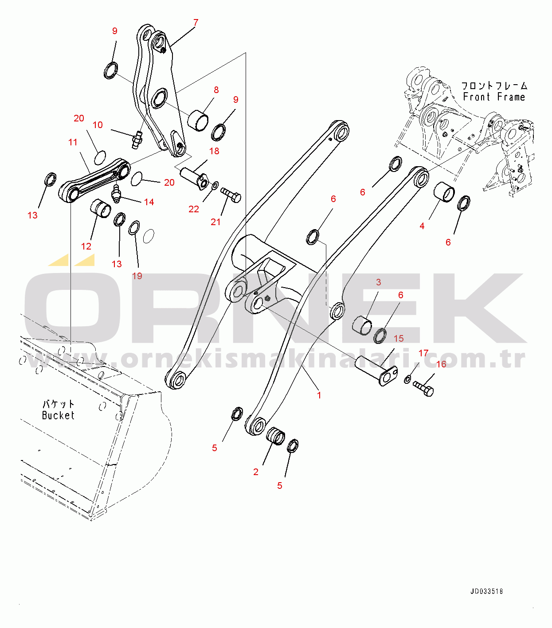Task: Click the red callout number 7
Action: [x=196, y=22]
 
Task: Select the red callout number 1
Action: [x=319, y=394]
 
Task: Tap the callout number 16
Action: [x=441, y=364]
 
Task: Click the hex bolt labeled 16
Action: [x=424, y=389]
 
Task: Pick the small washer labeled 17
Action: [x=407, y=379]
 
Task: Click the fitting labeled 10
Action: [x=137, y=139]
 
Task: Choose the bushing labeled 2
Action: [x=276, y=436]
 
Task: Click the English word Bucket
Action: [x=58, y=416]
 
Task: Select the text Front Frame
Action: [x=494, y=97]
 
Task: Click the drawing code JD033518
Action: [x=486, y=591]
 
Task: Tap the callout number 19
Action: [x=137, y=276]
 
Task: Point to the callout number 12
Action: [x=86, y=246]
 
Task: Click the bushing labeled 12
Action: [x=101, y=208]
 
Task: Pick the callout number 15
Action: [x=399, y=338]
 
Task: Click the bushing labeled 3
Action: [x=362, y=325]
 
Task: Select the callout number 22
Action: [x=194, y=209]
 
